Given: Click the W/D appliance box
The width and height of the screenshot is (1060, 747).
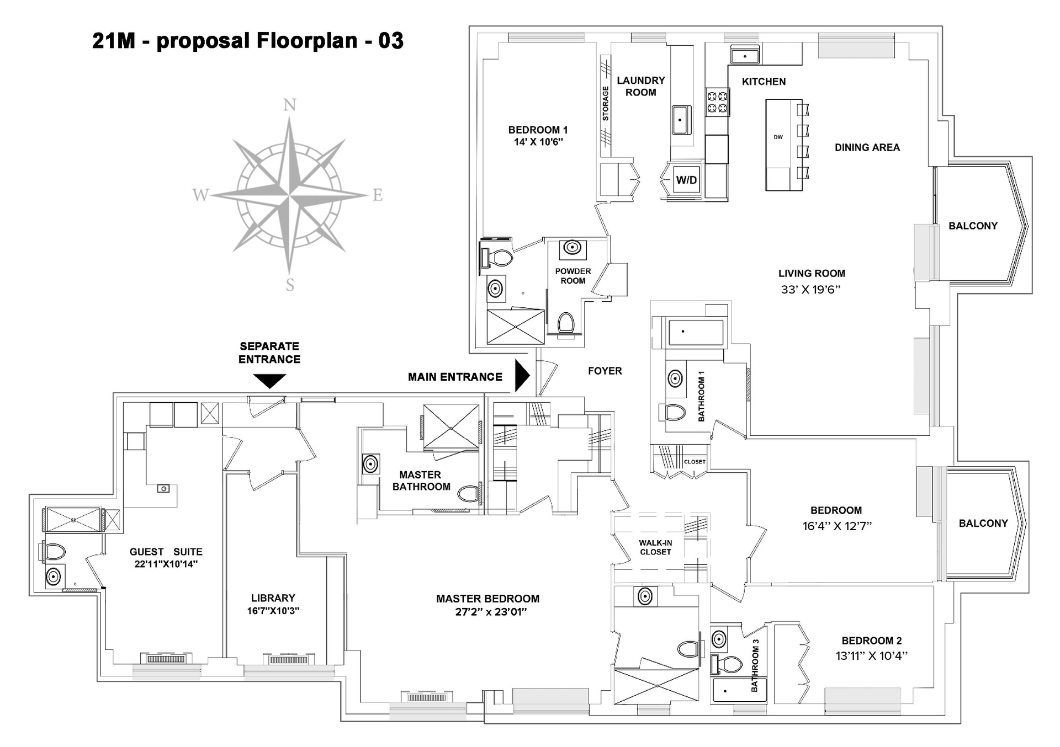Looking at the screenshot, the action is [x=686, y=180].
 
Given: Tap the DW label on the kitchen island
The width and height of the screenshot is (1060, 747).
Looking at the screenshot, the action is [x=778, y=137].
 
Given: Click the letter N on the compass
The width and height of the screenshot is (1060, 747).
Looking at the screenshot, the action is [x=289, y=105].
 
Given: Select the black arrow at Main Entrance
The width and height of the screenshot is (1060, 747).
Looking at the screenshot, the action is [x=522, y=376].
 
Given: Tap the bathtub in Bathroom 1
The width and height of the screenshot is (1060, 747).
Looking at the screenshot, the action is [x=696, y=333].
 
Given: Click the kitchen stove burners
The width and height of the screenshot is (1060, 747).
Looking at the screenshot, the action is [x=718, y=102].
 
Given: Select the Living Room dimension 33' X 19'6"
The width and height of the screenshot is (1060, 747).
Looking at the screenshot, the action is [x=810, y=290].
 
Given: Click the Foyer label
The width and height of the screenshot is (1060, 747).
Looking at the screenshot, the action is [x=605, y=371].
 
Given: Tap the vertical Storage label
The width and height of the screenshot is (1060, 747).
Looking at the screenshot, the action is [x=606, y=103].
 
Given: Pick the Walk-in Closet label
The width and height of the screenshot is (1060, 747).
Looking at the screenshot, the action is [x=656, y=547].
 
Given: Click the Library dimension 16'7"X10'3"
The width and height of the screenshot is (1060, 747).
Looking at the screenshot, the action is [x=273, y=611].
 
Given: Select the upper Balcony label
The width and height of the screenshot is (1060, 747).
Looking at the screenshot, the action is [x=973, y=226].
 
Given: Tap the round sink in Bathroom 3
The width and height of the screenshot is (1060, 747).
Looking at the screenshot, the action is [x=718, y=639].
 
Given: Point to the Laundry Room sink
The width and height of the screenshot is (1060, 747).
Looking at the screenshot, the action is [x=680, y=120].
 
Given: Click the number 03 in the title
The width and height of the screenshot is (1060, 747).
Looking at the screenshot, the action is [x=390, y=41].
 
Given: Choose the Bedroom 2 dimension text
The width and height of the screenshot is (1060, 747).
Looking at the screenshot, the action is [x=872, y=656].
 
